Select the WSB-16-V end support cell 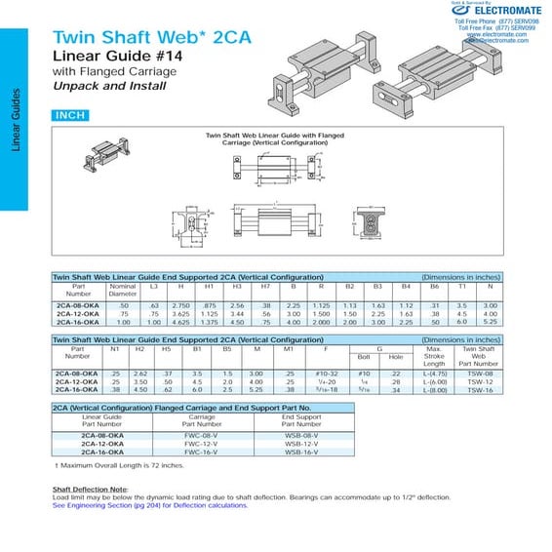301,452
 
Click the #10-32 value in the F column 326,374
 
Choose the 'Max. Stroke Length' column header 435,356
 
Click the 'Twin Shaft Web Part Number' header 479,356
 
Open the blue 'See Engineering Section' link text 150,505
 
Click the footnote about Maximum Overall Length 105,465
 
